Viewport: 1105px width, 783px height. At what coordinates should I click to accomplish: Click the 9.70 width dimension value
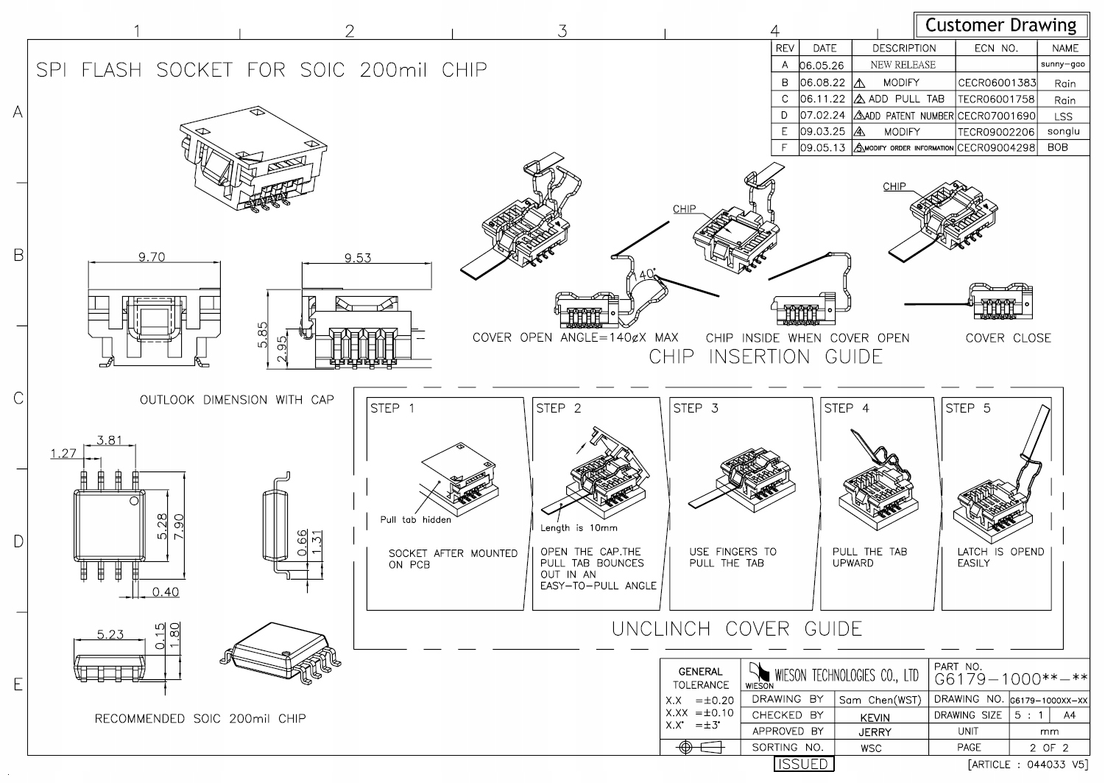click(x=152, y=257)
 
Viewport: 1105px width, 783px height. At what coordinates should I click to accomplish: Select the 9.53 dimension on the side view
click(x=358, y=258)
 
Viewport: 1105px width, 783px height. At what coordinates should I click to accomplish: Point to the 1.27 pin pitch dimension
click(x=63, y=453)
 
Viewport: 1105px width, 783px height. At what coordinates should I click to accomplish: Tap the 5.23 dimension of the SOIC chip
click(x=110, y=634)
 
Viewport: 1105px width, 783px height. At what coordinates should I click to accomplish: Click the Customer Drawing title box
click(x=1000, y=25)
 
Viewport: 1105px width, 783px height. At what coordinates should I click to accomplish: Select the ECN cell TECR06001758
click(x=996, y=99)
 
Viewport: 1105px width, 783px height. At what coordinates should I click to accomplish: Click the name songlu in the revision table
click(x=1063, y=131)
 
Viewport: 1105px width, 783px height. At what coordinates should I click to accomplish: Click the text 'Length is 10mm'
click(x=579, y=527)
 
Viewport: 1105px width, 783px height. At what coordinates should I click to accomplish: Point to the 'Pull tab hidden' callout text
click(x=415, y=519)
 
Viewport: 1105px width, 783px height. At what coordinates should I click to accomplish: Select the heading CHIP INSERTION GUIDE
click(x=766, y=357)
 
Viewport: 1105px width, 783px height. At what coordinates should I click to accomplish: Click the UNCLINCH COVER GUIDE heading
click(x=737, y=629)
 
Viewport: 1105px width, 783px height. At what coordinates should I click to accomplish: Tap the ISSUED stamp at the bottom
click(x=803, y=765)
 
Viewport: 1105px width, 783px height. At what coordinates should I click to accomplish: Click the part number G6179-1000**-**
click(x=1011, y=678)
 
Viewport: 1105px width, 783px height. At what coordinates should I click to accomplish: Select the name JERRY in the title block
click(x=875, y=732)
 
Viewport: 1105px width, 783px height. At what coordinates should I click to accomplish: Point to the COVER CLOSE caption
click(x=1008, y=338)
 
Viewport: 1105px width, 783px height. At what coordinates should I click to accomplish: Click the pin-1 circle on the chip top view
click(x=133, y=502)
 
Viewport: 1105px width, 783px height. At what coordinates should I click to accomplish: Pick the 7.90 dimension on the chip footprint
click(x=178, y=526)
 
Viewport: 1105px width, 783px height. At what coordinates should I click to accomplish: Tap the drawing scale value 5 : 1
click(x=1028, y=715)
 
